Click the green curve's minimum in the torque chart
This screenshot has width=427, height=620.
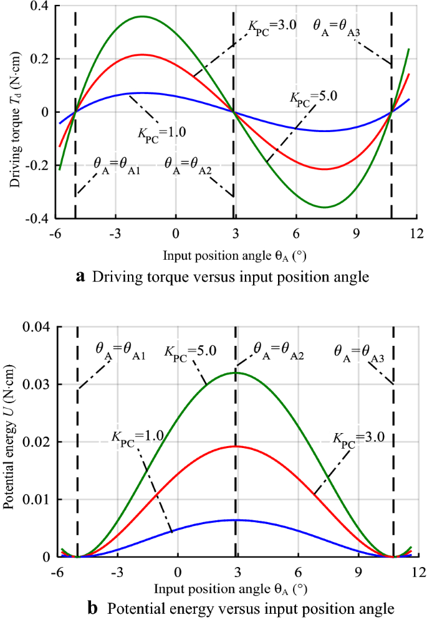click(325, 207)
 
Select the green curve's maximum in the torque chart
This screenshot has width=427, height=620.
click(143, 16)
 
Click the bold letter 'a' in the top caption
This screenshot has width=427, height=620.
click(80, 277)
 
